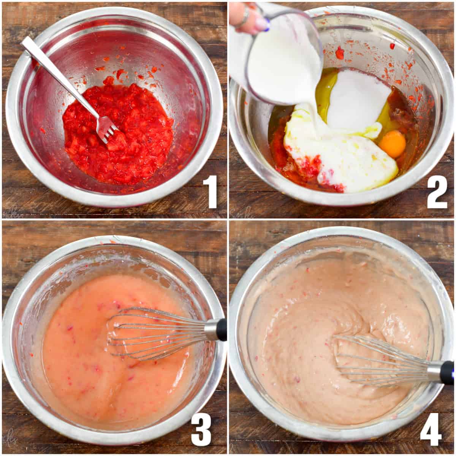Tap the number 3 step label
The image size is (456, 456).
click(x=201, y=429)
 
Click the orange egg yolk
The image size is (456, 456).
click(x=393, y=144)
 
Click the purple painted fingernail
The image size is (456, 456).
click(x=262, y=25)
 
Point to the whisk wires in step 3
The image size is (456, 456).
click(x=152, y=332)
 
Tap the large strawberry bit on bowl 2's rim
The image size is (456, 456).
click(x=339, y=53)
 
